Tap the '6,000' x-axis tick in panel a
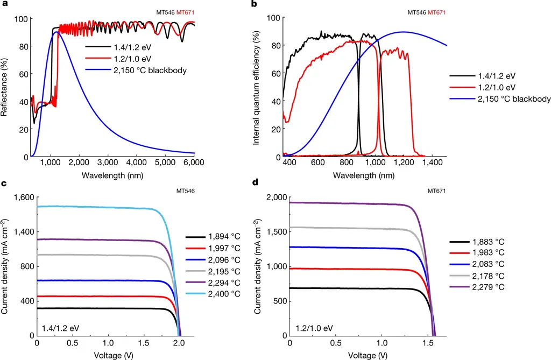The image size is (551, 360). point(194,162)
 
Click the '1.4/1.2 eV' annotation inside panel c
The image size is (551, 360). point(59,327)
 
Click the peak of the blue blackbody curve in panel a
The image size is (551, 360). point(56,32)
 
